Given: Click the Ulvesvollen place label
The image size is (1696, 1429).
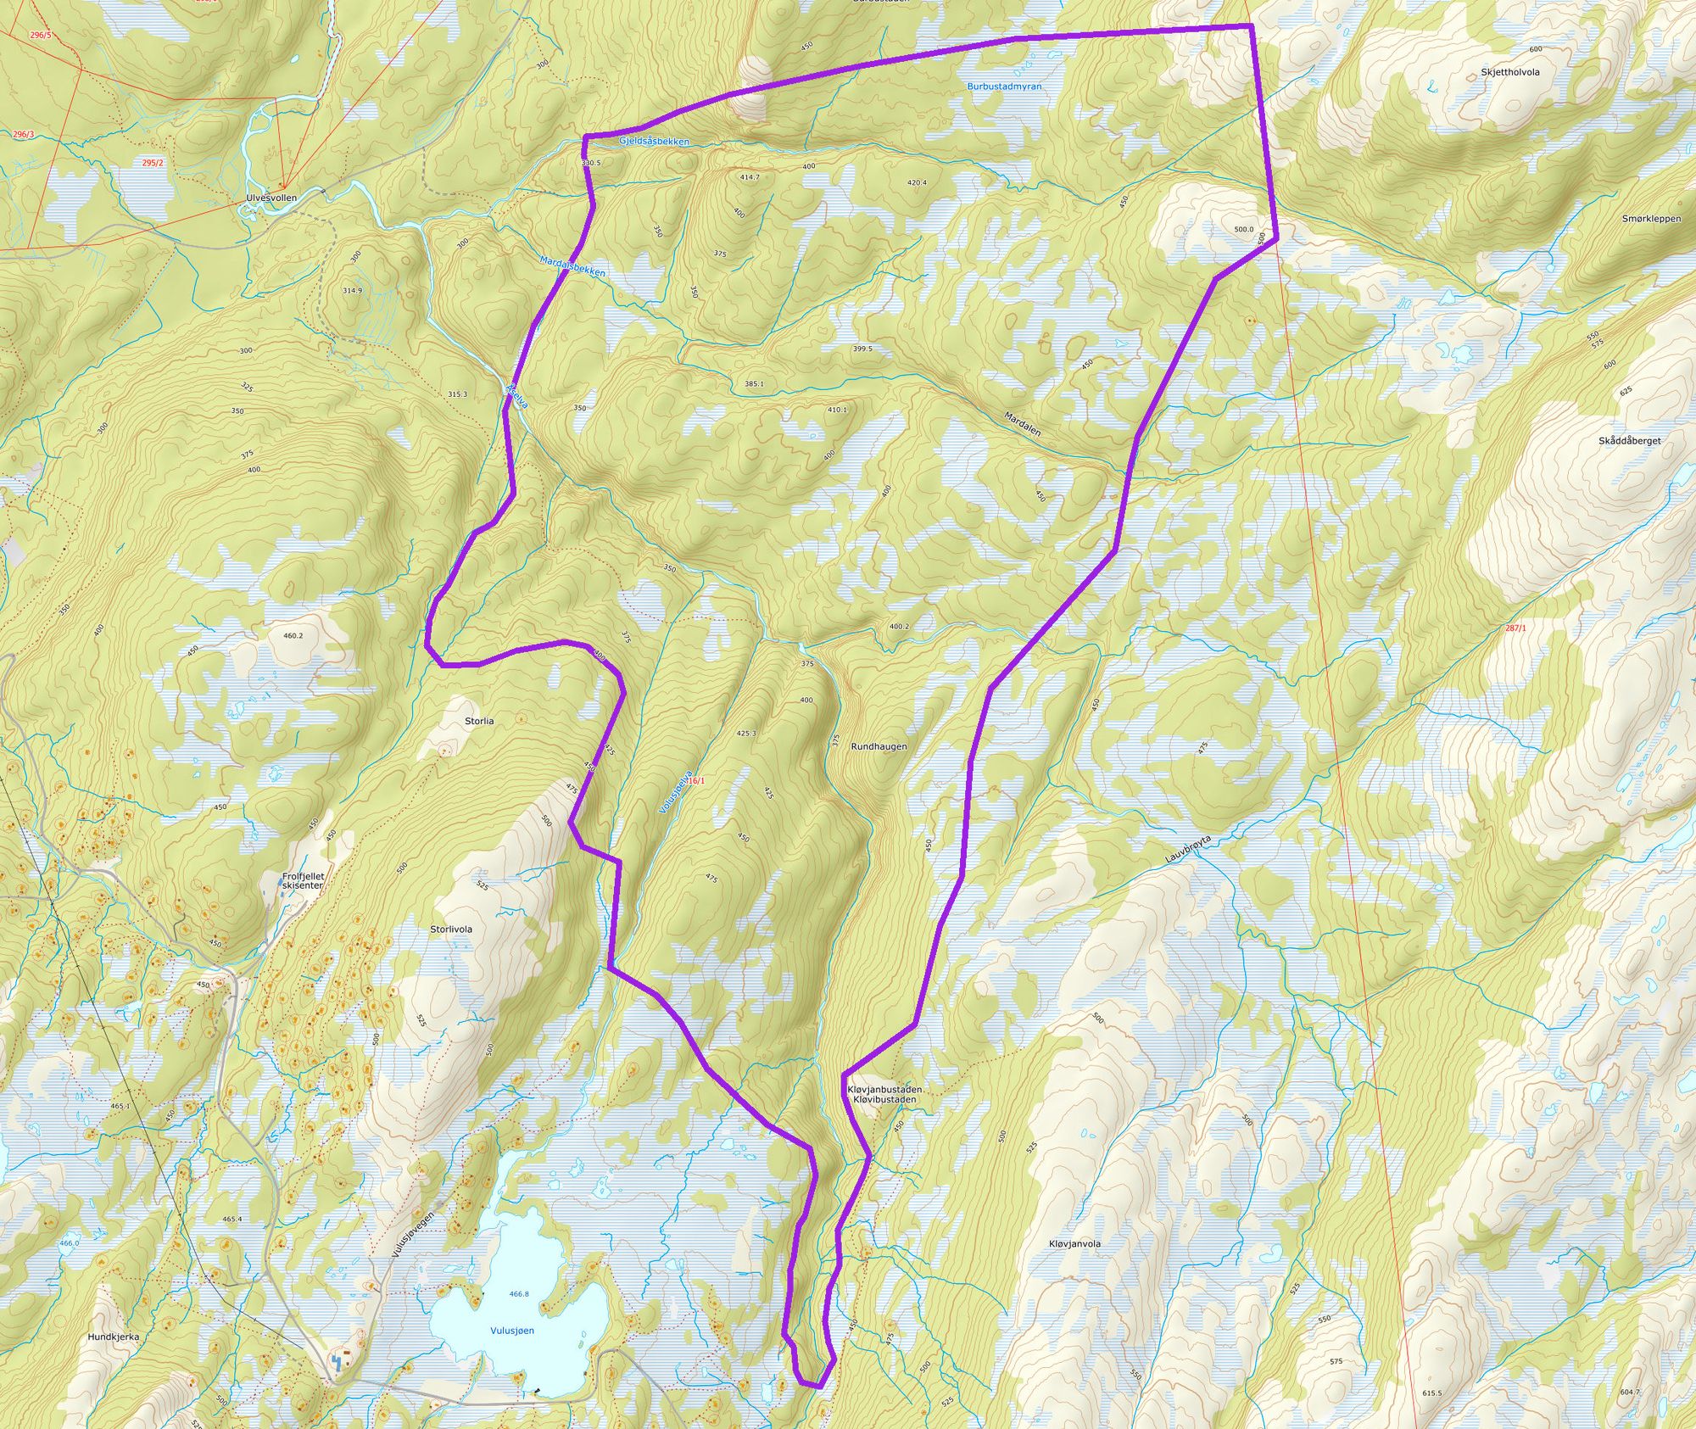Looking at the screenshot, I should [x=271, y=198].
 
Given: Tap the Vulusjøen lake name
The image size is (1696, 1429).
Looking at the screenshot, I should [x=512, y=1331].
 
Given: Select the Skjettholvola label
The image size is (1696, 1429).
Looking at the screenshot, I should [x=1510, y=72].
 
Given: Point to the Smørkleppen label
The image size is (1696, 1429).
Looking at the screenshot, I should [x=1651, y=219].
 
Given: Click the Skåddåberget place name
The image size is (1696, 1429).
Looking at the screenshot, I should [x=1629, y=441].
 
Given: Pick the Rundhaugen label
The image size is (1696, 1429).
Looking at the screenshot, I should [x=879, y=747].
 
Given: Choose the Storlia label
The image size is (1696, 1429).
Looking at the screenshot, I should [x=479, y=721].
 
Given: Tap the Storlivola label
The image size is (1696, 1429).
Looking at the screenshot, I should [x=451, y=929].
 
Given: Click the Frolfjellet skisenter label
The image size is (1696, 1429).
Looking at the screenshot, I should [x=303, y=880].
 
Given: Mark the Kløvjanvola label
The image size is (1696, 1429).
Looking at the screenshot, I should [x=1074, y=1244].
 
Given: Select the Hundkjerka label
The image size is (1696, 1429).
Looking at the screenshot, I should [x=114, y=1337].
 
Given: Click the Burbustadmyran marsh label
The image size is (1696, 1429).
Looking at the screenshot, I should [x=1004, y=87].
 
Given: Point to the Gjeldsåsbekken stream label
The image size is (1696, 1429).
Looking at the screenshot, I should [x=654, y=141].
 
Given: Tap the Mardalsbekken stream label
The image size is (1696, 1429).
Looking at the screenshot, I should [x=572, y=266].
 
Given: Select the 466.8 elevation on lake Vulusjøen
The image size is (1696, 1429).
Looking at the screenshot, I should [x=519, y=1294].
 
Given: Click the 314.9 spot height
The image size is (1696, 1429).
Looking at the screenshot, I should [x=352, y=291].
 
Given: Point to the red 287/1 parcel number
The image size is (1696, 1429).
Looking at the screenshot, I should [x=1515, y=628].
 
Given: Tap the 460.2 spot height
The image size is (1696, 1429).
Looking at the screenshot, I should [x=293, y=635].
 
